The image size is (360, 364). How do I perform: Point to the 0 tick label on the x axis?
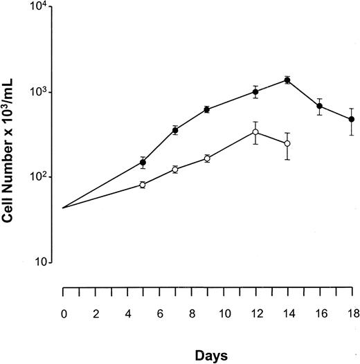coord(63,313)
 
